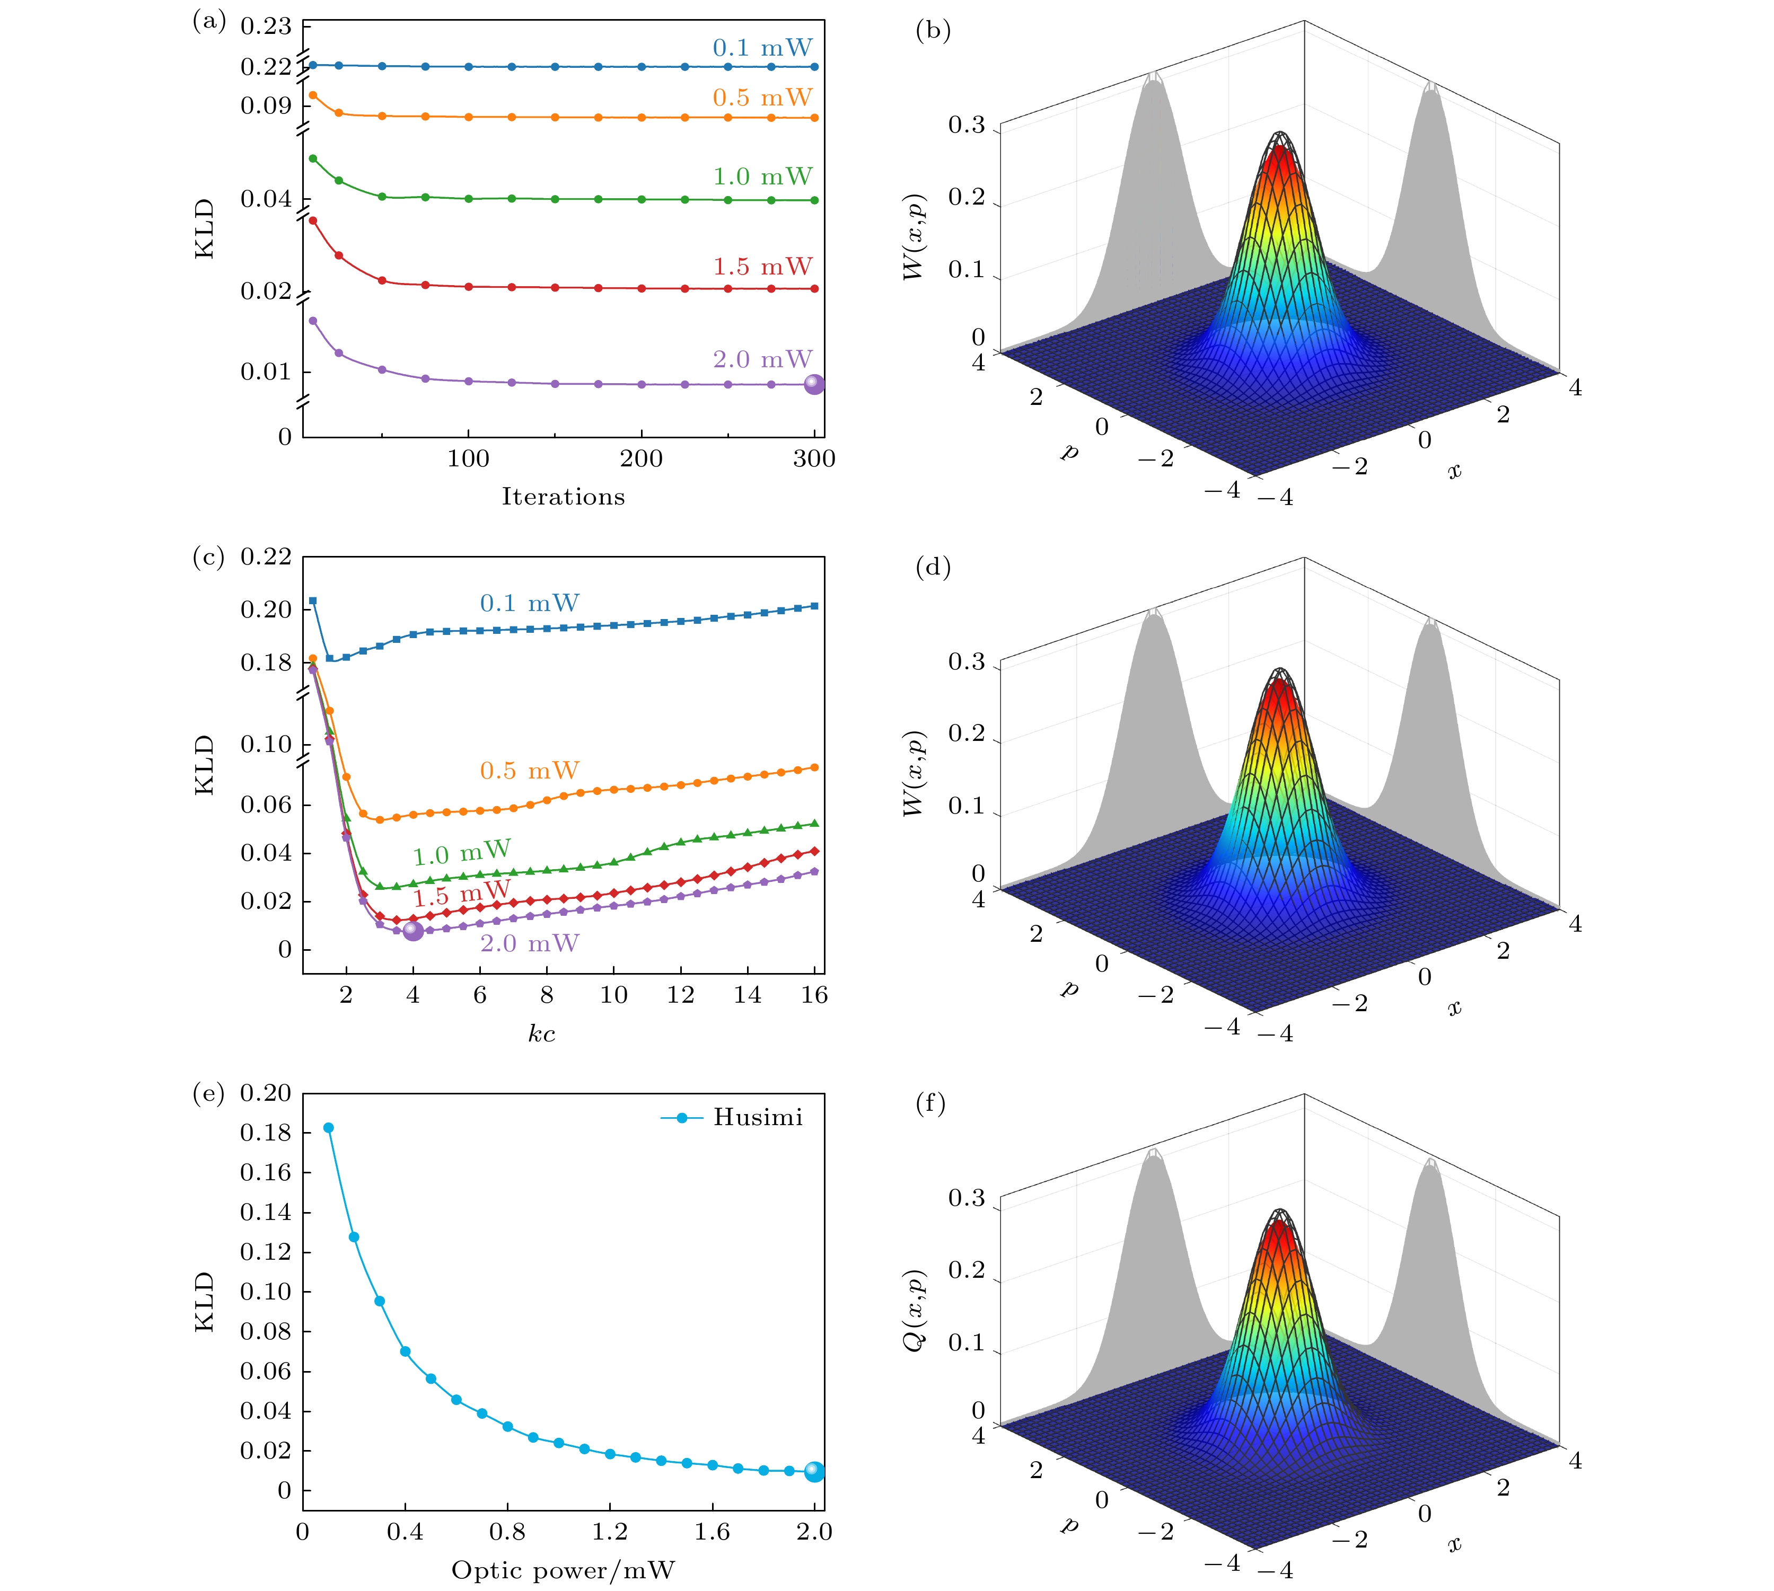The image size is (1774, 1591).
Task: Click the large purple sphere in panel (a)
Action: (814, 385)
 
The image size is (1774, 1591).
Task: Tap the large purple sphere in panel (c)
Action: (414, 931)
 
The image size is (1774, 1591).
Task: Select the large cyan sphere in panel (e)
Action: (814, 1472)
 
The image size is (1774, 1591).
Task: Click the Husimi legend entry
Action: (733, 1117)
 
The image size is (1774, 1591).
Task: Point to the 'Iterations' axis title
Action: (563, 497)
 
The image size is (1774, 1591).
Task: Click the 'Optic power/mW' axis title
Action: (563, 1571)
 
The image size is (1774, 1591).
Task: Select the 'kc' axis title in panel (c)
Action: (541, 1034)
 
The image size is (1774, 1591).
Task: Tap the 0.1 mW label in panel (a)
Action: (762, 48)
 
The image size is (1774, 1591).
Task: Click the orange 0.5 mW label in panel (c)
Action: (529, 771)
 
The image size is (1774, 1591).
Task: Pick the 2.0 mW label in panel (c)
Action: (529, 943)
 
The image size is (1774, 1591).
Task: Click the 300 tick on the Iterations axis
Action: (814, 459)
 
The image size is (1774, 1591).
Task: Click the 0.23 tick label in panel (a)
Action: (266, 26)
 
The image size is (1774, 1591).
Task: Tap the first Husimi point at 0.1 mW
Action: (329, 1128)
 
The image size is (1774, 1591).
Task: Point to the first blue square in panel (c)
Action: (313, 600)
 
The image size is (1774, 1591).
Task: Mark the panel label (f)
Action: (930, 1103)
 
